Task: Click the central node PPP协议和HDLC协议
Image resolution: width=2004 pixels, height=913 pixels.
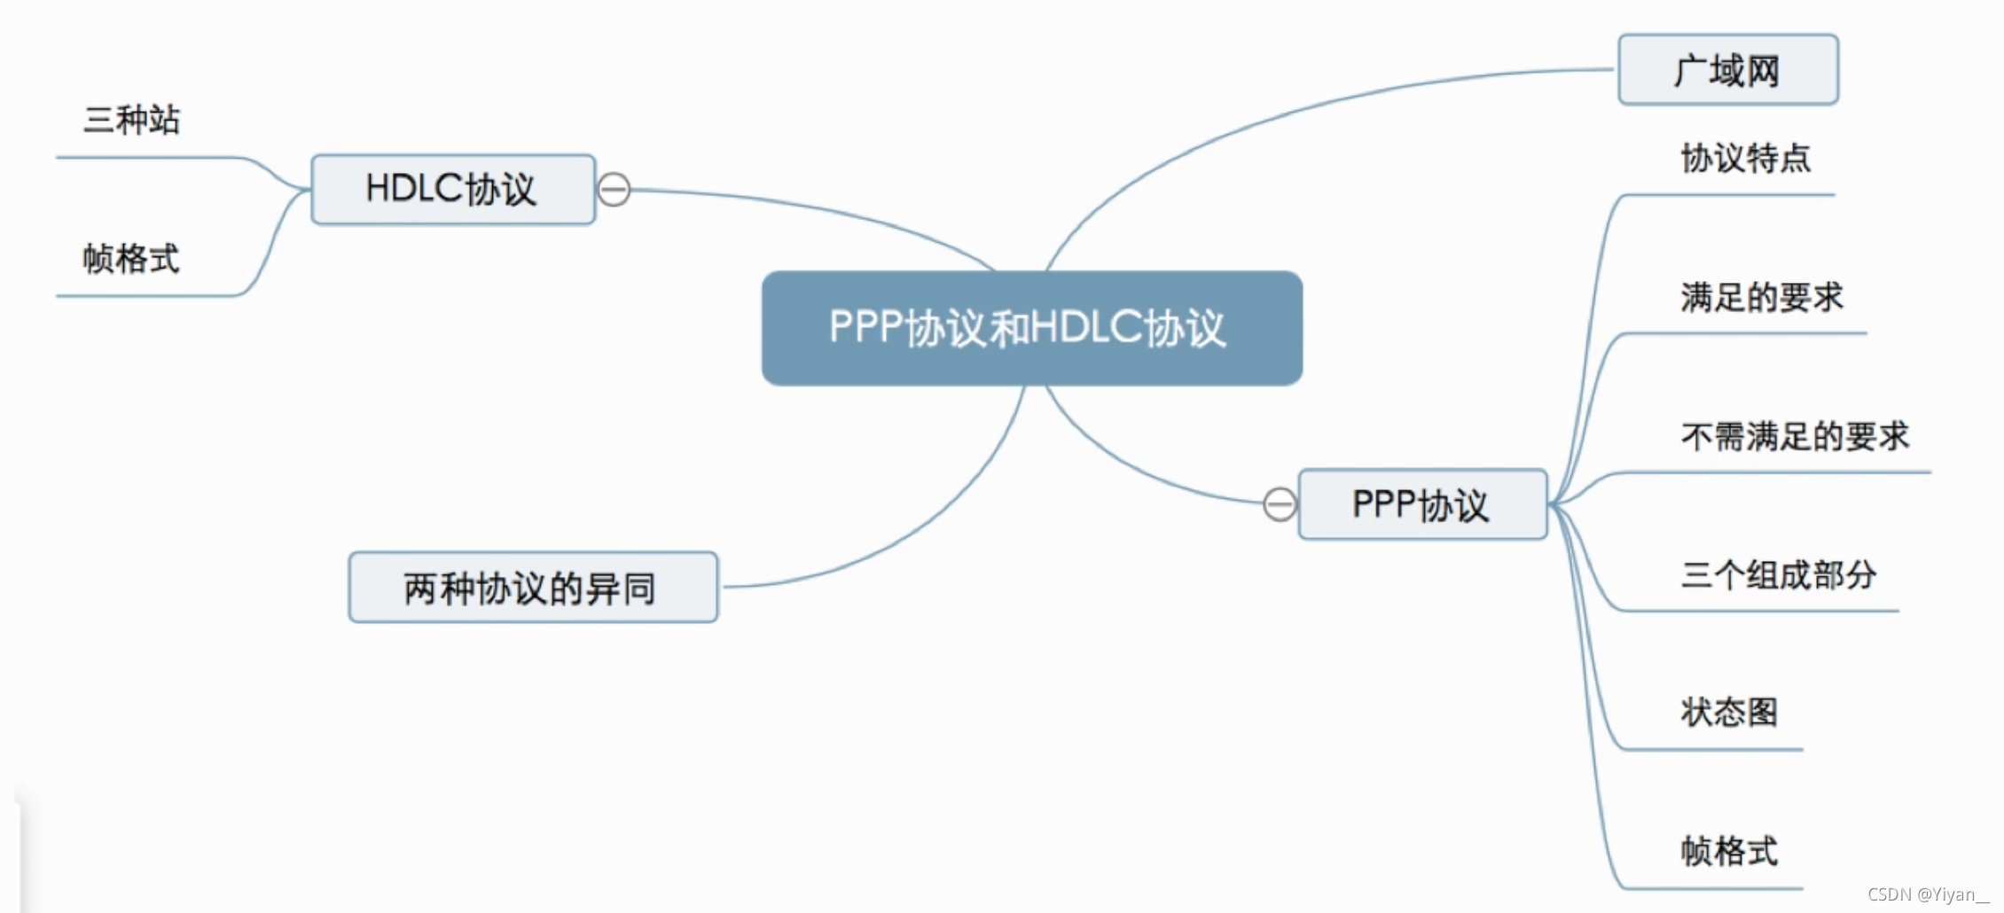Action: pyautogui.click(x=1031, y=328)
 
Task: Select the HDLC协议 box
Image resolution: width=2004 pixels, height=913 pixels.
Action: pyautogui.click(x=452, y=189)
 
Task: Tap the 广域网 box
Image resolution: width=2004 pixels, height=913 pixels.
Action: pyautogui.click(x=1727, y=70)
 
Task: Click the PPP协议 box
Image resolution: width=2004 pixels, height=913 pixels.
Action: pyautogui.click(x=1421, y=504)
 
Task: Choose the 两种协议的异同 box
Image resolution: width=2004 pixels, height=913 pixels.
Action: pyautogui.click(x=532, y=588)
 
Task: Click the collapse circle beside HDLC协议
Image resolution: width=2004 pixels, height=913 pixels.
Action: pyautogui.click(x=614, y=190)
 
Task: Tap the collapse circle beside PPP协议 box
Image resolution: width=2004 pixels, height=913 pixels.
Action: pyautogui.click(x=1280, y=504)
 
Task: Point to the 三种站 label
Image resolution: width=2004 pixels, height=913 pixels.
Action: pyautogui.click(x=131, y=120)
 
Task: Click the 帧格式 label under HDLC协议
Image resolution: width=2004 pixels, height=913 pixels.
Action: pyautogui.click(x=131, y=259)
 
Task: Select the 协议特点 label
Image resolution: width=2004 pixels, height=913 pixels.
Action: pyautogui.click(x=1745, y=159)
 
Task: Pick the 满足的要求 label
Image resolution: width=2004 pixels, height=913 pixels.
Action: pyautogui.click(x=1761, y=297)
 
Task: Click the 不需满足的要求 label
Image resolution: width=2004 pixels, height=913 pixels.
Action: pyautogui.click(x=1795, y=436)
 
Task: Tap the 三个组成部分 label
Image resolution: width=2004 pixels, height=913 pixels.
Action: pyautogui.click(x=1778, y=575)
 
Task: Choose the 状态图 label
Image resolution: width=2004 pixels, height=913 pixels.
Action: pyautogui.click(x=1729, y=712)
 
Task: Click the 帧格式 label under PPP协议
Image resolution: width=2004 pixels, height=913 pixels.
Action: pyautogui.click(x=1729, y=851)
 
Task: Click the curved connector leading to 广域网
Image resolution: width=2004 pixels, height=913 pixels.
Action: pyautogui.click(x=1286, y=115)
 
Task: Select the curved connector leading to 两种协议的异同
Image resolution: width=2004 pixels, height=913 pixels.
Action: pyautogui.click(x=931, y=523)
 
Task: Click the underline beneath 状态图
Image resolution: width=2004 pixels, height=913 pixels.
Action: pyautogui.click(x=1711, y=750)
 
